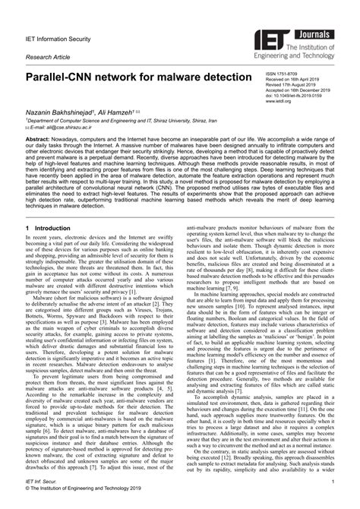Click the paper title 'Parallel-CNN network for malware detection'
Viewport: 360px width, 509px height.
coord(137,78)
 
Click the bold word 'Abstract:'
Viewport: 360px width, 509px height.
coord(39,141)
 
